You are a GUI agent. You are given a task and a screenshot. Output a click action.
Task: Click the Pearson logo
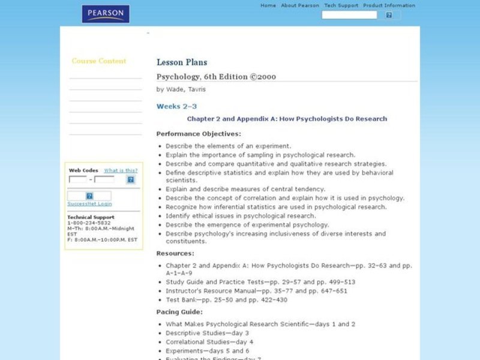pyautogui.click(x=106, y=14)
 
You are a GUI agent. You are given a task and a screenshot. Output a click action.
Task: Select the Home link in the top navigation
pyautogui.click(x=268, y=5)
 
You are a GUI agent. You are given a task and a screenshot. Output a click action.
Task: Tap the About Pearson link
pyautogui.click(x=299, y=5)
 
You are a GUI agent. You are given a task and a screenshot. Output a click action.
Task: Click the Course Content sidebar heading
pyautogui.click(x=99, y=61)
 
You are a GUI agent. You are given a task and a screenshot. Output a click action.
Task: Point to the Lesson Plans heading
pyautogui.click(x=182, y=62)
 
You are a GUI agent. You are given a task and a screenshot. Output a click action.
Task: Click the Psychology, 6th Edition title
pyautogui.click(x=216, y=77)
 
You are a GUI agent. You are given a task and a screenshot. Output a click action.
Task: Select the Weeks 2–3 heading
pyautogui.click(x=176, y=106)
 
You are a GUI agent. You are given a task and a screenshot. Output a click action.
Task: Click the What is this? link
pyautogui.click(x=121, y=170)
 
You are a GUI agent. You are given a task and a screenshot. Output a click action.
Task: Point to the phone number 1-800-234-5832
pyautogui.click(x=88, y=223)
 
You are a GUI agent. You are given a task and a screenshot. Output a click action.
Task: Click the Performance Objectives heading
pyautogui.click(x=199, y=133)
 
